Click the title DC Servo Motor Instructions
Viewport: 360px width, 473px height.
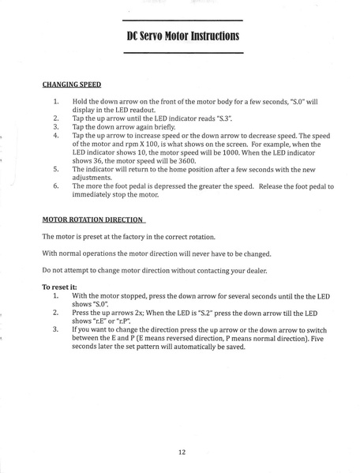click(x=182, y=36)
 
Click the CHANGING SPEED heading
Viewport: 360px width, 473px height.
click(x=71, y=83)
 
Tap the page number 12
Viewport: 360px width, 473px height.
click(x=182, y=452)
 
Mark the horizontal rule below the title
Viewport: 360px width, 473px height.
click(x=182, y=52)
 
